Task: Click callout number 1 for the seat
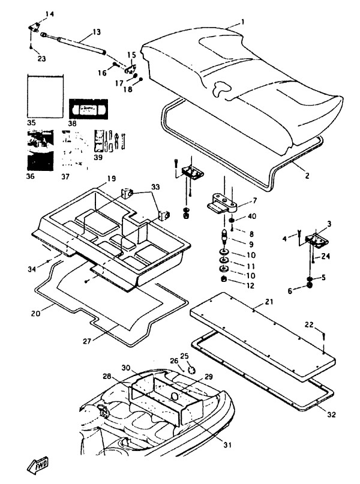click(243, 22)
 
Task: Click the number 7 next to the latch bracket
click(255, 200)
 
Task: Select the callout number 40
click(253, 217)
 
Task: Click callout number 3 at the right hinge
click(329, 224)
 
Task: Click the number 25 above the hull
click(185, 356)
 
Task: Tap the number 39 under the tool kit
click(98, 157)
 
